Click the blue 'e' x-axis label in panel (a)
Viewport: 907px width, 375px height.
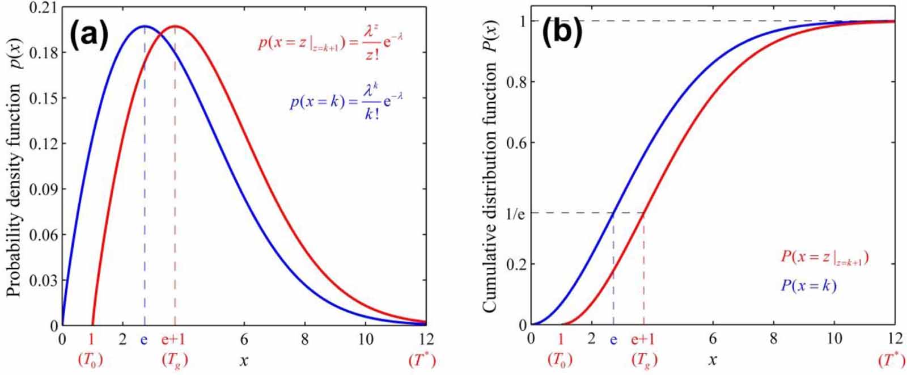pos(144,339)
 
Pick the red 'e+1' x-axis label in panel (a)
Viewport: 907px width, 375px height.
pos(174,339)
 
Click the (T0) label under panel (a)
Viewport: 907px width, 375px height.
pos(91,360)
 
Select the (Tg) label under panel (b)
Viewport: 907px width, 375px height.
pos(643,360)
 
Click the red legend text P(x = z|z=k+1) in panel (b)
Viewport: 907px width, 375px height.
pos(825,257)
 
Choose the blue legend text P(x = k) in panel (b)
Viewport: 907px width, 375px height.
pos(808,286)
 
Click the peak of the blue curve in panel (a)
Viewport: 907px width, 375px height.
pos(145,26)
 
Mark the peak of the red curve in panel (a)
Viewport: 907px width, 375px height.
pos(175,26)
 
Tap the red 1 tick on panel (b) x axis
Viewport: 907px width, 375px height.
pos(561,339)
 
